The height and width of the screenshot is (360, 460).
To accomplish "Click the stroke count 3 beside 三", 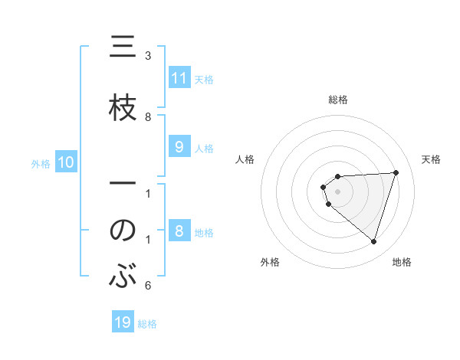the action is tap(148, 56).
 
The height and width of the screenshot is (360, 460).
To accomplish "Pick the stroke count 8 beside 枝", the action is tap(148, 117).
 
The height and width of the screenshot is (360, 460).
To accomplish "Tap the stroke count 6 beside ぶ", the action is tap(148, 286).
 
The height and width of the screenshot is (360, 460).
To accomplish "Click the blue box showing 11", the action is tap(179, 78).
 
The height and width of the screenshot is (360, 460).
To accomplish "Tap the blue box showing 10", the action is tap(65, 162).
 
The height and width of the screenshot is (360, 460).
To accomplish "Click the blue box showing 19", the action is tap(123, 322).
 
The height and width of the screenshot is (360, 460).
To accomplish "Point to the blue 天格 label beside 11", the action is tap(204, 79).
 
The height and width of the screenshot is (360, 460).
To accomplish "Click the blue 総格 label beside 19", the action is tap(147, 324).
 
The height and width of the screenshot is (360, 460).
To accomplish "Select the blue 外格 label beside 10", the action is tap(41, 164).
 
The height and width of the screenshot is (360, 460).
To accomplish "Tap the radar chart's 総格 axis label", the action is tap(338, 100).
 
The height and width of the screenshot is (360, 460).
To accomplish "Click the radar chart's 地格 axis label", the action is tap(402, 263).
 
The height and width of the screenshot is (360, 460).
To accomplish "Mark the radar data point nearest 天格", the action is tap(396, 172).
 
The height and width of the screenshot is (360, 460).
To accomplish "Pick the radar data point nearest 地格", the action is tap(373, 241).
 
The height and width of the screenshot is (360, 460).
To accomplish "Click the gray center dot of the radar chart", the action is tap(338, 191).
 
